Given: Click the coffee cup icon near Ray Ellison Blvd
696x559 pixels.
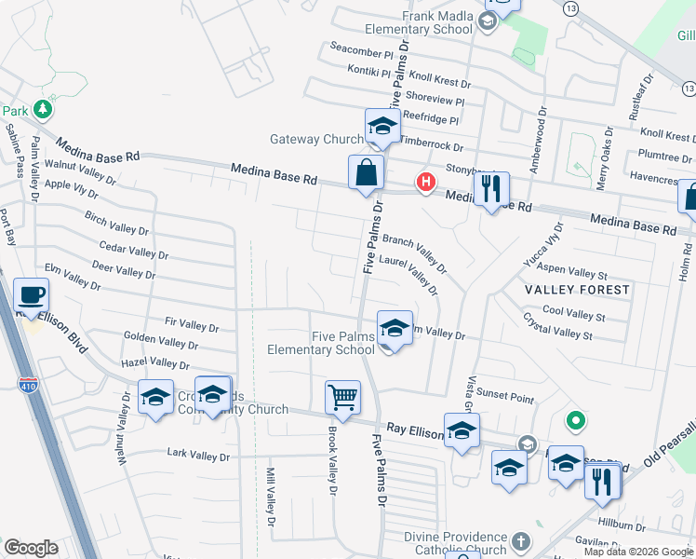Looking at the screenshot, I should click(x=33, y=295).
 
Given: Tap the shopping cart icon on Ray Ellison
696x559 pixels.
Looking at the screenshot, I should click(x=342, y=398).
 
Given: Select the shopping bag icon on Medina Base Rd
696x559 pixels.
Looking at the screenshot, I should click(x=367, y=172).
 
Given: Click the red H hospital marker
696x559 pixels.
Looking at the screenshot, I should click(x=426, y=181).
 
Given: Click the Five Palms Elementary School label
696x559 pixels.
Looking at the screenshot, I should click(x=321, y=343).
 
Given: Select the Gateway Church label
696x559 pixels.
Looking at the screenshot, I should click(x=316, y=140).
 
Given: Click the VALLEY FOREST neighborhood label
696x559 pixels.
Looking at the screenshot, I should click(x=577, y=290).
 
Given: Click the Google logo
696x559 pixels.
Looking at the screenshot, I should click(x=32, y=548).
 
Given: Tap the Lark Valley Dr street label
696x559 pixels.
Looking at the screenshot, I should click(x=197, y=456).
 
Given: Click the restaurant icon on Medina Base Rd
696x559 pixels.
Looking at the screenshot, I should click(x=490, y=190).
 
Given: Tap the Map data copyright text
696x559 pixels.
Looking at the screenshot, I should click(x=637, y=552).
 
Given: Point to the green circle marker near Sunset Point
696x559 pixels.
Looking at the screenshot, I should click(x=576, y=421).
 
